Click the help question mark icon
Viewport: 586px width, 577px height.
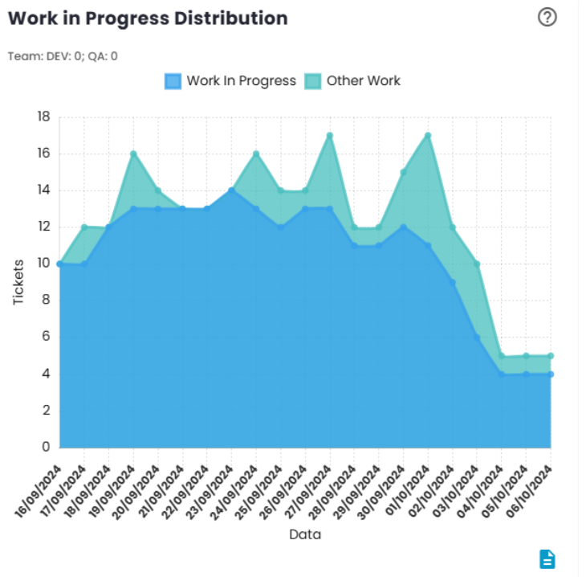pyautogui.click(x=547, y=18)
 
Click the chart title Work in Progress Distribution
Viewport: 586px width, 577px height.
pyautogui.click(x=148, y=18)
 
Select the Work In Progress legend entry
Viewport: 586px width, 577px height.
pyautogui.click(x=230, y=80)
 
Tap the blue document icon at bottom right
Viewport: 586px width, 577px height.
pyautogui.click(x=547, y=559)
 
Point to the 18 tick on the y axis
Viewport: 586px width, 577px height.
pyautogui.click(x=43, y=117)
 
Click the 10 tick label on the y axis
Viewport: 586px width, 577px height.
pyautogui.click(x=43, y=264)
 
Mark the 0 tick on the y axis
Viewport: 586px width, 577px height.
pyautogui.click(x=46, y=447)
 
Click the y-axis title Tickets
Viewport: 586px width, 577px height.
pyautogui.click(x=18, y=282)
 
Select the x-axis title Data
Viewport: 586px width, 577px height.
pyautogui.click(x=305, y=534)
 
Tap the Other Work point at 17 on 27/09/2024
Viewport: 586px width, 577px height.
pyautogui.click(x=330, y=135)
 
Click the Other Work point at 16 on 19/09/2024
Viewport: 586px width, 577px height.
pyautogui.click(x=133, y=153)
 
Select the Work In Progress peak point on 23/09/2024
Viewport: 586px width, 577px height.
pyautogui.click(x=231, y=190)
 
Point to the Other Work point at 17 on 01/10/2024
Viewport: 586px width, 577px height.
pyautogui.click(x=428, y=135)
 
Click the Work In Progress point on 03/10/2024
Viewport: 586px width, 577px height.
pyautogui.click(x=477, y=338)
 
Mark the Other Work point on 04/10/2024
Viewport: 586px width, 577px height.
pyautogui.click(x=502, y=356)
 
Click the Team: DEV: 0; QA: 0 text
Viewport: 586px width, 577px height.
pyautogui.click(x=63, y=56)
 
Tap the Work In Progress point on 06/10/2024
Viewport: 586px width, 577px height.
pyautogui.click(x=551, y=374)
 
